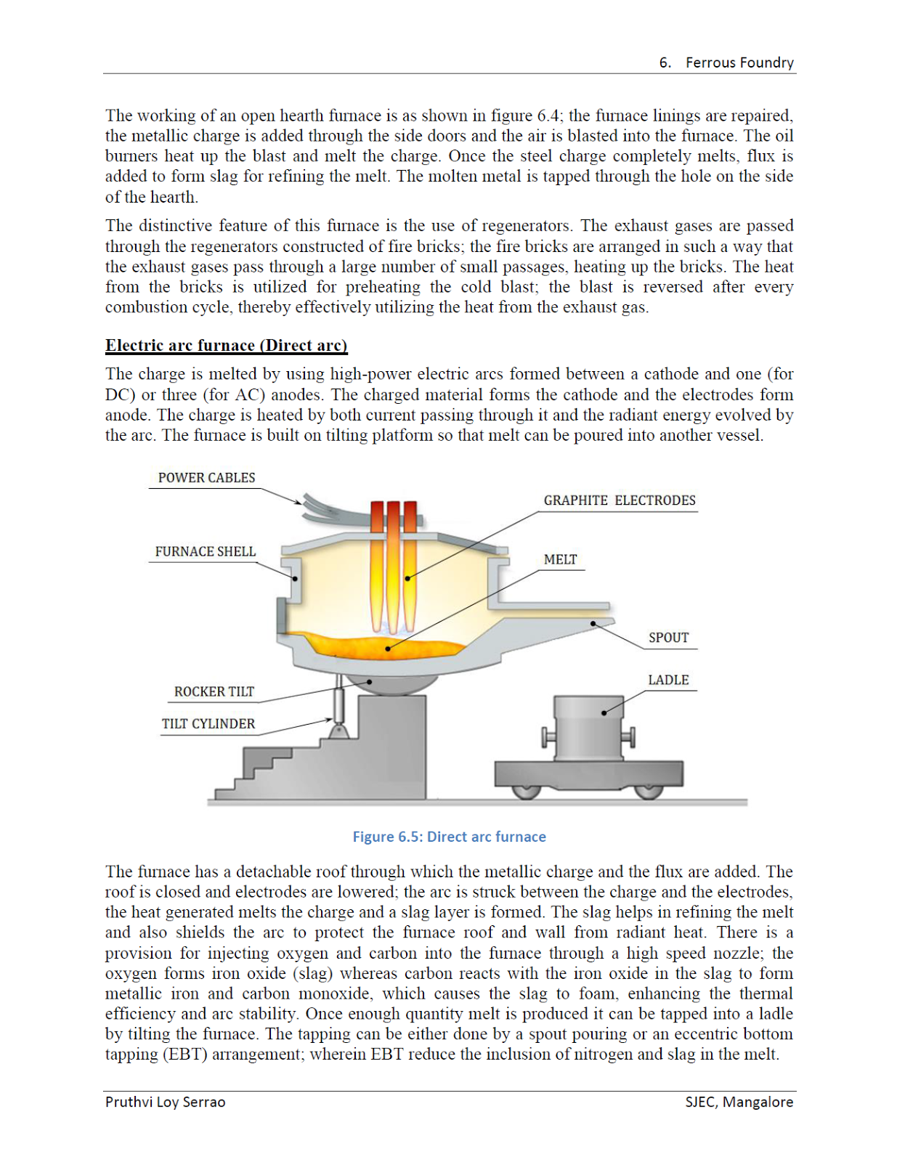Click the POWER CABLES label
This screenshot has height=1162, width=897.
[x=206, y=478]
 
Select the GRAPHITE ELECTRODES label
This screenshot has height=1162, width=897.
[x=619, y=500]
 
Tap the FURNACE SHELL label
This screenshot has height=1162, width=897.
[x=205, y=552]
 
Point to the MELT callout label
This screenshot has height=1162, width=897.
[x=560, y=560]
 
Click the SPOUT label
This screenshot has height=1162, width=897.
[x=668, y=638]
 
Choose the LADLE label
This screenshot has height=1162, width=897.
[x=668, y=680]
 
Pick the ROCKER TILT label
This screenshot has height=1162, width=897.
[x=214, y=692]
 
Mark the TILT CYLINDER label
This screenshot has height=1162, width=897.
[x=208, y=724]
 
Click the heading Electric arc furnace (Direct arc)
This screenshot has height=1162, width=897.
[x=226, y=346]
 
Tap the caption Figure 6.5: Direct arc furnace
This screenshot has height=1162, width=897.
[x=449, y=837]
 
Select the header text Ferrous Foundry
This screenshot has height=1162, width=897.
[x=739, y=62]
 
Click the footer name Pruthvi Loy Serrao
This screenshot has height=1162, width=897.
[x=165, y=1102]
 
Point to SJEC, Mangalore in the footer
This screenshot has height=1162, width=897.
[x=739, y=1102]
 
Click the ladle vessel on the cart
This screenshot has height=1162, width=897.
[x=588, y=726]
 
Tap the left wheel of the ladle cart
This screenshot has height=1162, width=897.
[x=526, y=790]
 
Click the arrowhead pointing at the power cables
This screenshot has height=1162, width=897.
[x=298, y=502]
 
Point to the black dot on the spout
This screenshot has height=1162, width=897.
[x=593, y=623]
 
